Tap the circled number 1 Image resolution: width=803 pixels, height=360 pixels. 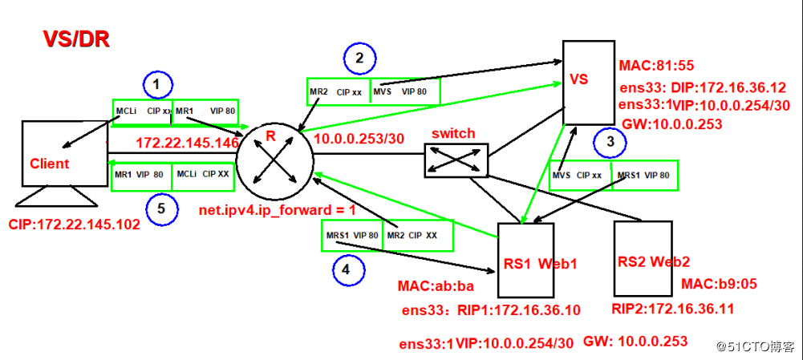(x=157, y=83)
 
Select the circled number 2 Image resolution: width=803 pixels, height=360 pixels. (x=359, y=57)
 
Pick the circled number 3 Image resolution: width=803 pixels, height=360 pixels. (x=611, y=143)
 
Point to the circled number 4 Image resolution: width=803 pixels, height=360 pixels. (x=346, y=270)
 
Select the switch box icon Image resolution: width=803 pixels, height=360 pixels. (x=454, y=160)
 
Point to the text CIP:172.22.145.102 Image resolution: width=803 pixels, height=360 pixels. (x=74, y=224)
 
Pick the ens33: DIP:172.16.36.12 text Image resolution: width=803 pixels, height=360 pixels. (x=702, y=87)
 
